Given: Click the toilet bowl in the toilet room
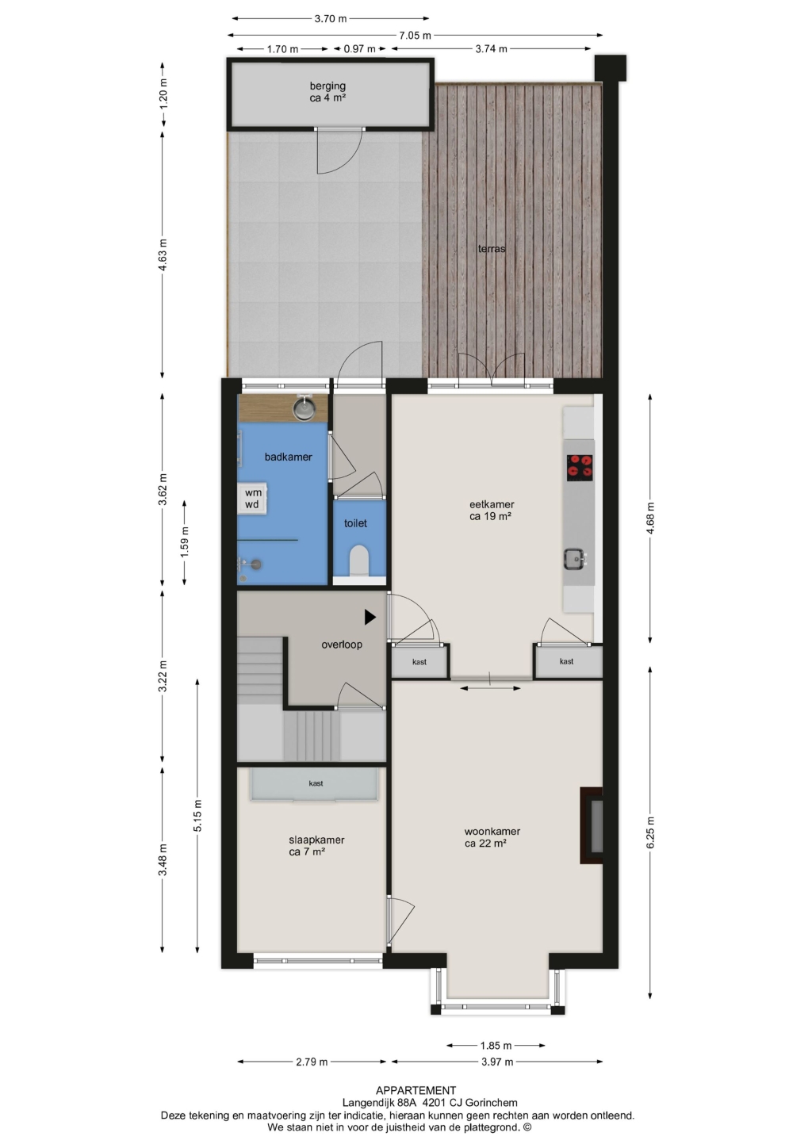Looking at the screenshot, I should [x=359, y=560].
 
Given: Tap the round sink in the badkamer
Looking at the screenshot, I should [x=304, y=408].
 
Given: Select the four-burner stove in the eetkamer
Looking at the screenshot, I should [x=580, y=468].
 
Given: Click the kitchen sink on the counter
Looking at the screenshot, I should [x=574, y=559].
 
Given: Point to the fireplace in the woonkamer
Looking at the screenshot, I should [x=592, y=825].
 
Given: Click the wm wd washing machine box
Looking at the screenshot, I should [x=252, y=499].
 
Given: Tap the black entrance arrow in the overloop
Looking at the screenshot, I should [x=370, y=617].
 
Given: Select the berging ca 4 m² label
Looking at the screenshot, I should [x=327, y=92].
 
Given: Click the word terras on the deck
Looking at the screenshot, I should [x=492, y=249].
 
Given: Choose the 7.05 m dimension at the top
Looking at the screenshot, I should [x=415, y=35].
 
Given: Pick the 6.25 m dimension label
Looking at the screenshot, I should [x=650, y=832].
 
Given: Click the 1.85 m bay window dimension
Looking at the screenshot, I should [x=496, y=1046].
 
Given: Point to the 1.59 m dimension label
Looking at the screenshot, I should [x=185, y=543].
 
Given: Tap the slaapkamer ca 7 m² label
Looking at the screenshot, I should [x=316, y=846].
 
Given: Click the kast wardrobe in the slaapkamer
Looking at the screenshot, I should [x=315, y=784].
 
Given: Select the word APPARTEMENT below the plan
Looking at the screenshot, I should [x=416, y=1090].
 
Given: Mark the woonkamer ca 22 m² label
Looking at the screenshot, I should [x=492, y=837].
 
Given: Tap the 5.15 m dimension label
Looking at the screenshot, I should [x=197, y=816].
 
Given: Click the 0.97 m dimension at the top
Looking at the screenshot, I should [x=359, y=49].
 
